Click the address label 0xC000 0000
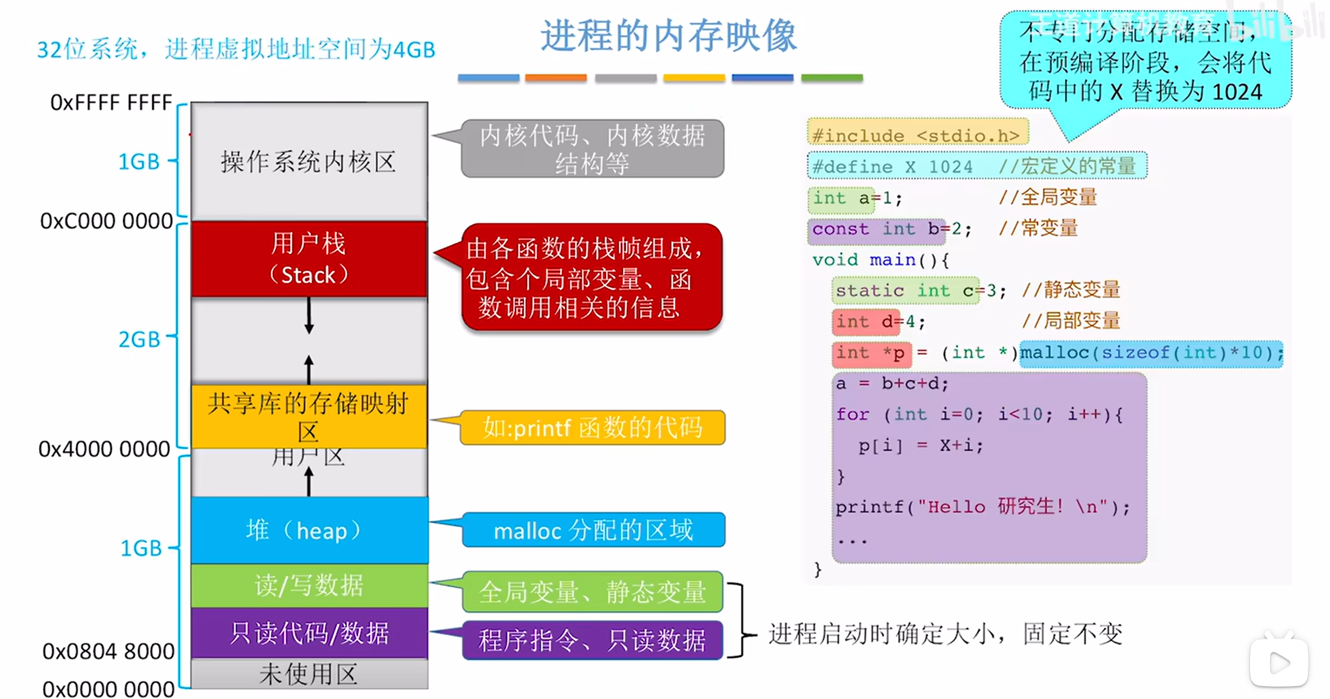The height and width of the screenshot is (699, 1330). [x=106, y=221]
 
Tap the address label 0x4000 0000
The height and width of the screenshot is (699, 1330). [x=104, y=449]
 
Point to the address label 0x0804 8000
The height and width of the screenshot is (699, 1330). [x=108, y=651]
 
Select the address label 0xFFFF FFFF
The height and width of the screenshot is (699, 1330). [x=111, y=102]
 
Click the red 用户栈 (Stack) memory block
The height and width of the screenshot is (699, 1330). [x=309, y=259]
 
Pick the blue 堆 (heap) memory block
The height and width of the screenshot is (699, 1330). [x=309, y=530]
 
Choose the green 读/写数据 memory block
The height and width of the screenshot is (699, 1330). [x=309, y=586]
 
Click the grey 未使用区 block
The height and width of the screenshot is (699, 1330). [x=309, y=674]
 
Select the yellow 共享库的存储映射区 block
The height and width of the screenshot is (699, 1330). [x=309, y=416]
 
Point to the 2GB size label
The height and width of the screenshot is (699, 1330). [x=139, y=339]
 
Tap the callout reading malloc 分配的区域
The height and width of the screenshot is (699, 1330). [x=593, y=530]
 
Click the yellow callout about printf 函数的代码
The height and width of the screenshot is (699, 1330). [x=593, y=428]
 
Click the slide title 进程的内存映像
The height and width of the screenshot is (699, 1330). [x=669, y=36]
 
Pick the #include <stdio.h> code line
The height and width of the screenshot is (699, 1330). [x=917, y=135]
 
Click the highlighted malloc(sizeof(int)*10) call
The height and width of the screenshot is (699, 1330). [x=1151, y=353]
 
